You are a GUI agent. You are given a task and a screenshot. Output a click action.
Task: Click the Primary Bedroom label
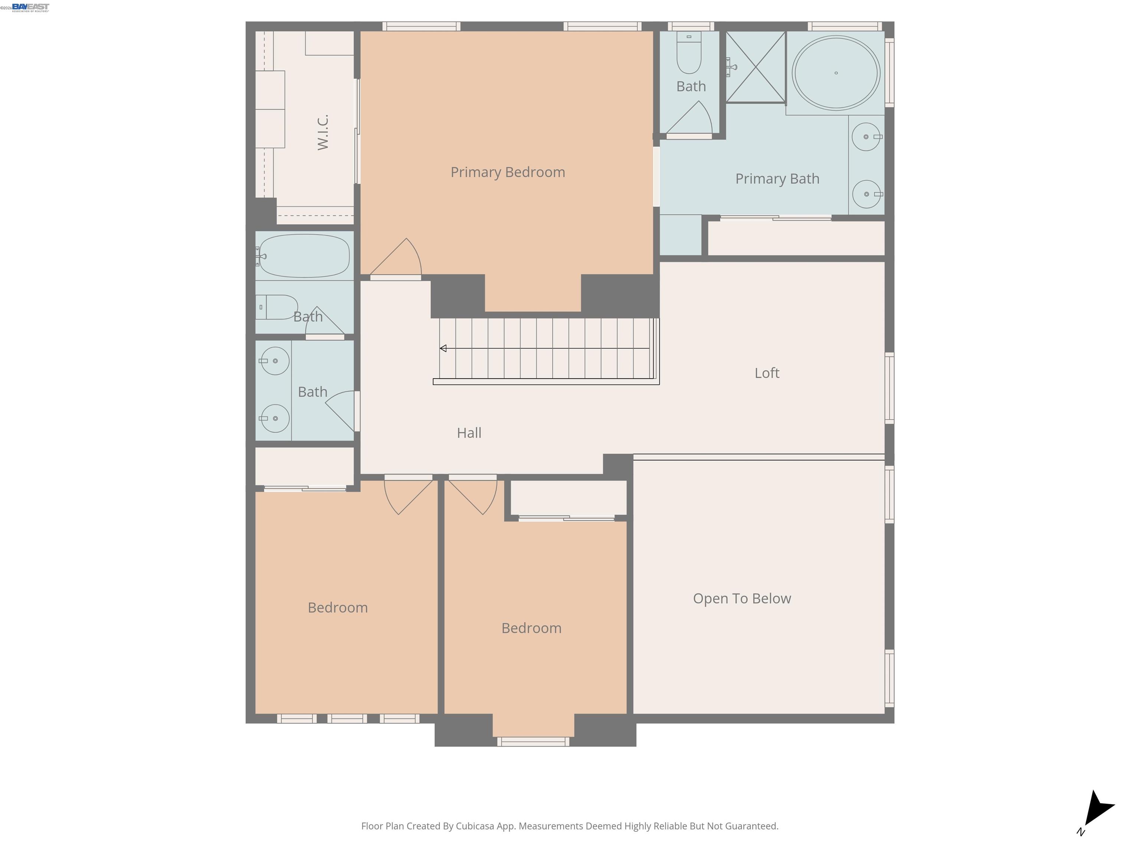(508, 172)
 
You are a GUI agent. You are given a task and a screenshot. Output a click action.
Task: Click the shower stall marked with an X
(756, 67)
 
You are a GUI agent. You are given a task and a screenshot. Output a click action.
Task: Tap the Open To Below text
(741, 598)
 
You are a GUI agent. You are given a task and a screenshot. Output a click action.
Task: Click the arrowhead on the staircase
(443, 348)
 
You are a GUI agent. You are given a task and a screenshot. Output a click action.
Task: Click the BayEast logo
(30, 7)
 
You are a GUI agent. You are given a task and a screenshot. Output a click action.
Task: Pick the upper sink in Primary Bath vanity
(866, 137)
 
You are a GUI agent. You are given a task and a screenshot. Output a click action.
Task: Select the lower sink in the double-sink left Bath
(274, 418)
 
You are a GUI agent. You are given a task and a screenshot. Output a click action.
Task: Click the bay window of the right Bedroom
(533, 741)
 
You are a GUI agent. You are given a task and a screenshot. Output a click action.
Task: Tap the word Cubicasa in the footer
(475, 826)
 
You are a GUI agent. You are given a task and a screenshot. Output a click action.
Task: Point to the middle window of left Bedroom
(347, 718)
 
